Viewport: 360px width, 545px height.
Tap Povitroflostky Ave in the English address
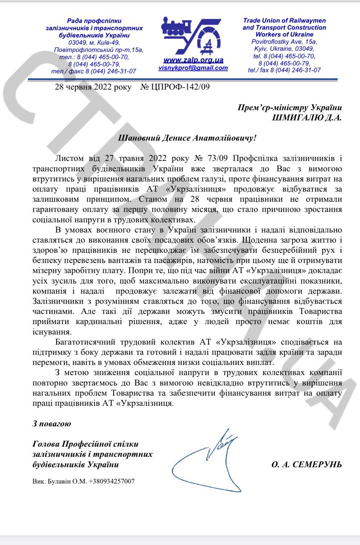click(278, 42)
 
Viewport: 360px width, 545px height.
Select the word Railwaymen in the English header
click(307, 20)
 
